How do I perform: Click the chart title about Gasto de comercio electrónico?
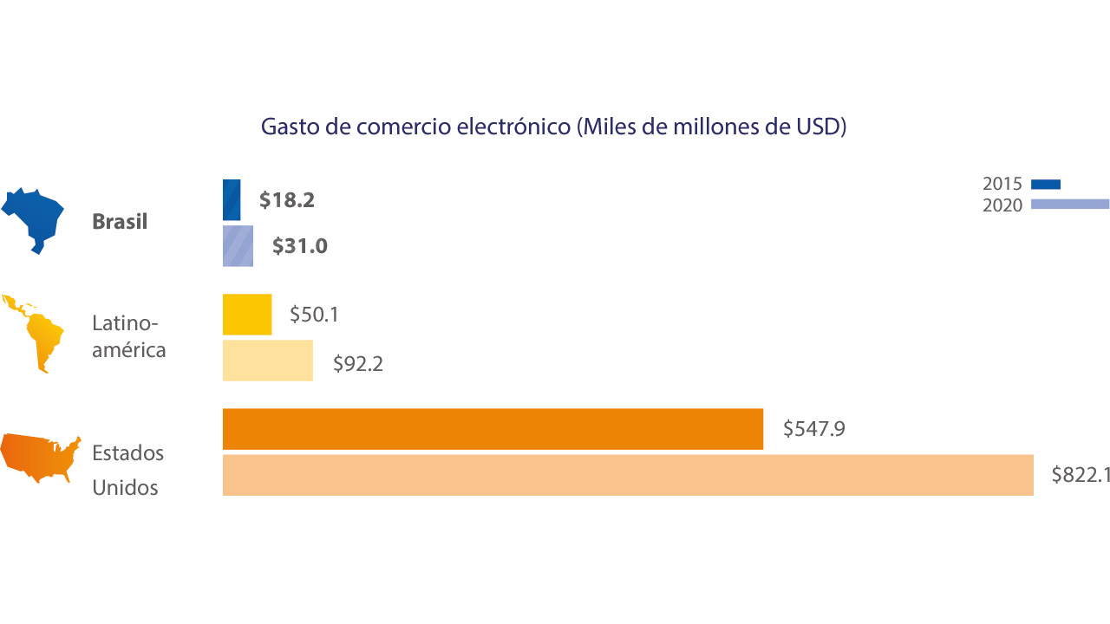(553, 127)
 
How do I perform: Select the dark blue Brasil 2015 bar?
(232, 199)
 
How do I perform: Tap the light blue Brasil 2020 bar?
(238, 246)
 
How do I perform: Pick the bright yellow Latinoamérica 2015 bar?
(247, 315)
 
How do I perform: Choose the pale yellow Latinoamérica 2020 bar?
(267, 361)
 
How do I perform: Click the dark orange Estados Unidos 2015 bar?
(493, 429)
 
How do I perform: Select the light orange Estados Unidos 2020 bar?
(628, 475)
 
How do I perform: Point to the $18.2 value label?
(287, 200)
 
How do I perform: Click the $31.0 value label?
(300, 246)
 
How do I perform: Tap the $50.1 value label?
(314, 315)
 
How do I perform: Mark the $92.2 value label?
(358, 364)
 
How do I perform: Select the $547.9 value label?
(814, 429)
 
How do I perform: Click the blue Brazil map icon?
(33, 218)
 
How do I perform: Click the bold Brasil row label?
(120, 222)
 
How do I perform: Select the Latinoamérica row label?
(129, 336)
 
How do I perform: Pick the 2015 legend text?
(1002, 184)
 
